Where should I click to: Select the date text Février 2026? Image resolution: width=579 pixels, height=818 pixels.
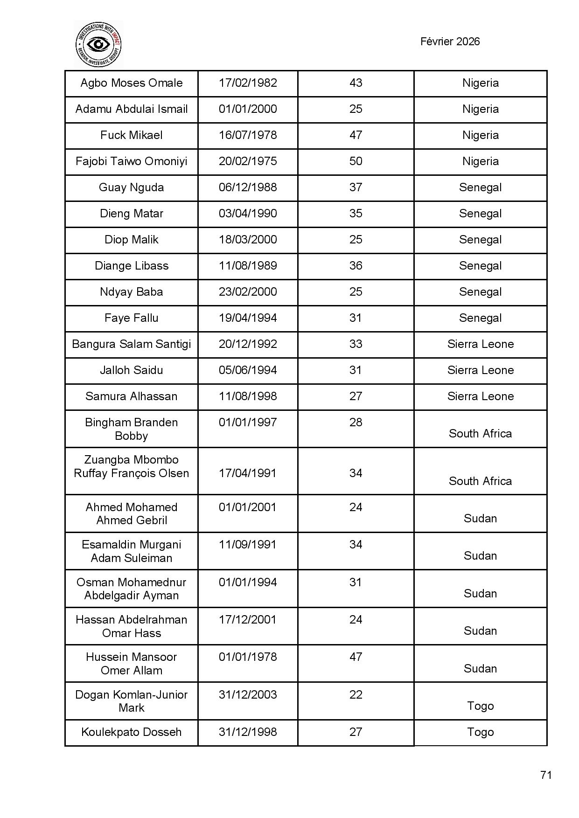[450, 42]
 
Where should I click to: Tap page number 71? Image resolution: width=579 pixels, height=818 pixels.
[546, 775]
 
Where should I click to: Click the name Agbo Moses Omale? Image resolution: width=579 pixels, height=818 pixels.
[132, 83]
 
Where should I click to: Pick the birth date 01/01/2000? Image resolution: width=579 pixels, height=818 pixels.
[248, 109]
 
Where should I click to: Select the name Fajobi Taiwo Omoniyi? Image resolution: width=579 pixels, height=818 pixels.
[132, 161]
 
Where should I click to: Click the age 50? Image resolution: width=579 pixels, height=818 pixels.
[356, 161]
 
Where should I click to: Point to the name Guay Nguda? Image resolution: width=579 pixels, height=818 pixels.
[132, 187]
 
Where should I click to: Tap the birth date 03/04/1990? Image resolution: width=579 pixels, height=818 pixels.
[248, 214]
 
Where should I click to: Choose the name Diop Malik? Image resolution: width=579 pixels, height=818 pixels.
[132, 240]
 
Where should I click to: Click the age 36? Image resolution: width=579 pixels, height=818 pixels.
[356, 266]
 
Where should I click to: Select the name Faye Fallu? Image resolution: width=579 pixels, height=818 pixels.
[132, 318]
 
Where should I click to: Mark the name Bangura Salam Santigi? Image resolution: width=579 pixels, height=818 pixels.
[132, 344]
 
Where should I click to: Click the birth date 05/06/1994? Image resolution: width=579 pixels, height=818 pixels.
[248, 370]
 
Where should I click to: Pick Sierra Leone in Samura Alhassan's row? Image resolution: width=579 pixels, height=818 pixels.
[480, 396]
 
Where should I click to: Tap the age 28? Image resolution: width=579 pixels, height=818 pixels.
[356, 423]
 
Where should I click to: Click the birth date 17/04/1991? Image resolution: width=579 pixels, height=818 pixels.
[248, 473]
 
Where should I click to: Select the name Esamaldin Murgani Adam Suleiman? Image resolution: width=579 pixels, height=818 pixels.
[132, 551]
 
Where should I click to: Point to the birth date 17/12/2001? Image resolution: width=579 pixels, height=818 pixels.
[248, 620]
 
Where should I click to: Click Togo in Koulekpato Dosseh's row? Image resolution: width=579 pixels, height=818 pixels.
[480, 732]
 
